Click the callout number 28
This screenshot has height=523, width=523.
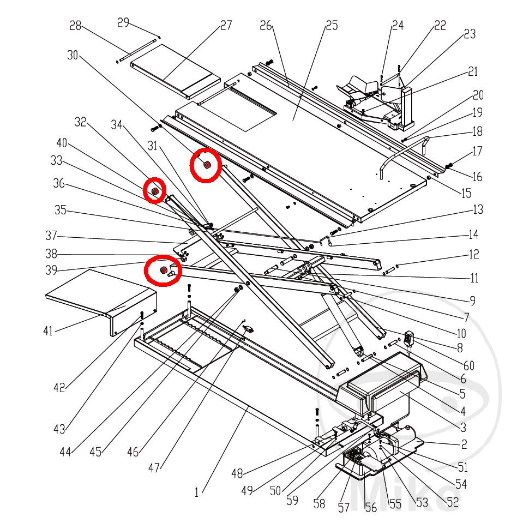pyautogui.click(x=75, y=26)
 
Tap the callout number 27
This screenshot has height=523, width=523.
pyautogui.click(x=226, y=25)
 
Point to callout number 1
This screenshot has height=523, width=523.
pyautogui.click(x=196, y=493)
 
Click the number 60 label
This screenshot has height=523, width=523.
pyautogui.click(x=468, y=365)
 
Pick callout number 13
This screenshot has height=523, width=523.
pyautogui.click(x=478, y=209)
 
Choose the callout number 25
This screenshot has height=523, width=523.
pyautogui.click(x=331, y=25)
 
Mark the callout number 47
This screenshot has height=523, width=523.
pyautogui.click(x=154, y=467)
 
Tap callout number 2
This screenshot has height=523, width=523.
pyautogui.click(x=464, y=444)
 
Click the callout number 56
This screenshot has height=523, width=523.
pyautogui.click(x=371, y=508)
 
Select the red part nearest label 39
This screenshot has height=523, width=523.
pyautogui.click(x=163, y=271)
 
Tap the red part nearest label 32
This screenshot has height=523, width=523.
pyautogui.click(x=154, y=191)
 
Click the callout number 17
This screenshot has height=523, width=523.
pyautogui.click(x=478, y=151)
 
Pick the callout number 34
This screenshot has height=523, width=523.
pyautogui.click(x=117, y=125)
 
